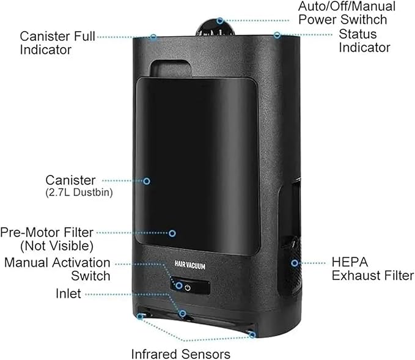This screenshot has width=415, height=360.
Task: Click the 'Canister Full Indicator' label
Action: (57, 43)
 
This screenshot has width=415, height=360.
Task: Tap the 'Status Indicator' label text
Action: (364, 41)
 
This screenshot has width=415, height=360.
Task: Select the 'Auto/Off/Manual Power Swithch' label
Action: (347, 13)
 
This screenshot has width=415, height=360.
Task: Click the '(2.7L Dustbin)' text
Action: (79, 193)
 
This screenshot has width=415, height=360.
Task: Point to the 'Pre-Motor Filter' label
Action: (47, 232)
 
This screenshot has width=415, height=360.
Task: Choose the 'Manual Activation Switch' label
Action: (57, 269)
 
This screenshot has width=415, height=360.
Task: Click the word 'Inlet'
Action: (68, 293)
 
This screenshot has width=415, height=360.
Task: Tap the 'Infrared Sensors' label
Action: (180, 354)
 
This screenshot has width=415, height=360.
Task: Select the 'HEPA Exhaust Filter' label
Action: (373, 269)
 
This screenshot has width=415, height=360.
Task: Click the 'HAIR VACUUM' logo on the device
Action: (189, 265)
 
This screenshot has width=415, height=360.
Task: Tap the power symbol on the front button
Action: (188, 288)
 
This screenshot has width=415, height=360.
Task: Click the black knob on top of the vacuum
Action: (215, 27)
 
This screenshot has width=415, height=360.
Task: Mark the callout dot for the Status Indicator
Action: (277, 35)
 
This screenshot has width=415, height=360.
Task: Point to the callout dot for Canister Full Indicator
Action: (153, 37)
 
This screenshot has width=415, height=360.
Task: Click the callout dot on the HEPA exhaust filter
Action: (295, 263)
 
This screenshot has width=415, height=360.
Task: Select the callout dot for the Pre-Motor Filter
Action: (172, 233)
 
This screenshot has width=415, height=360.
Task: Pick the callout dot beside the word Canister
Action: (147, 181)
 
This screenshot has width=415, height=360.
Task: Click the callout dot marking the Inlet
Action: (182, 314)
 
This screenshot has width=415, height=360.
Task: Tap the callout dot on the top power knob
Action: (219, 21)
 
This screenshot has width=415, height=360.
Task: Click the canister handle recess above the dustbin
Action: (171, 69)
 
